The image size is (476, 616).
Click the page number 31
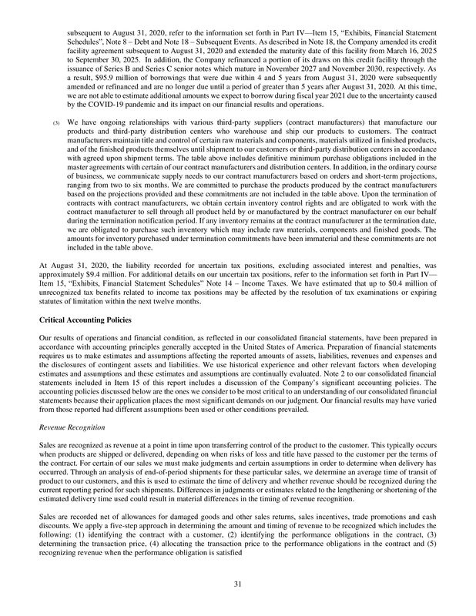pyautogui.click(x=238, y=585)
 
